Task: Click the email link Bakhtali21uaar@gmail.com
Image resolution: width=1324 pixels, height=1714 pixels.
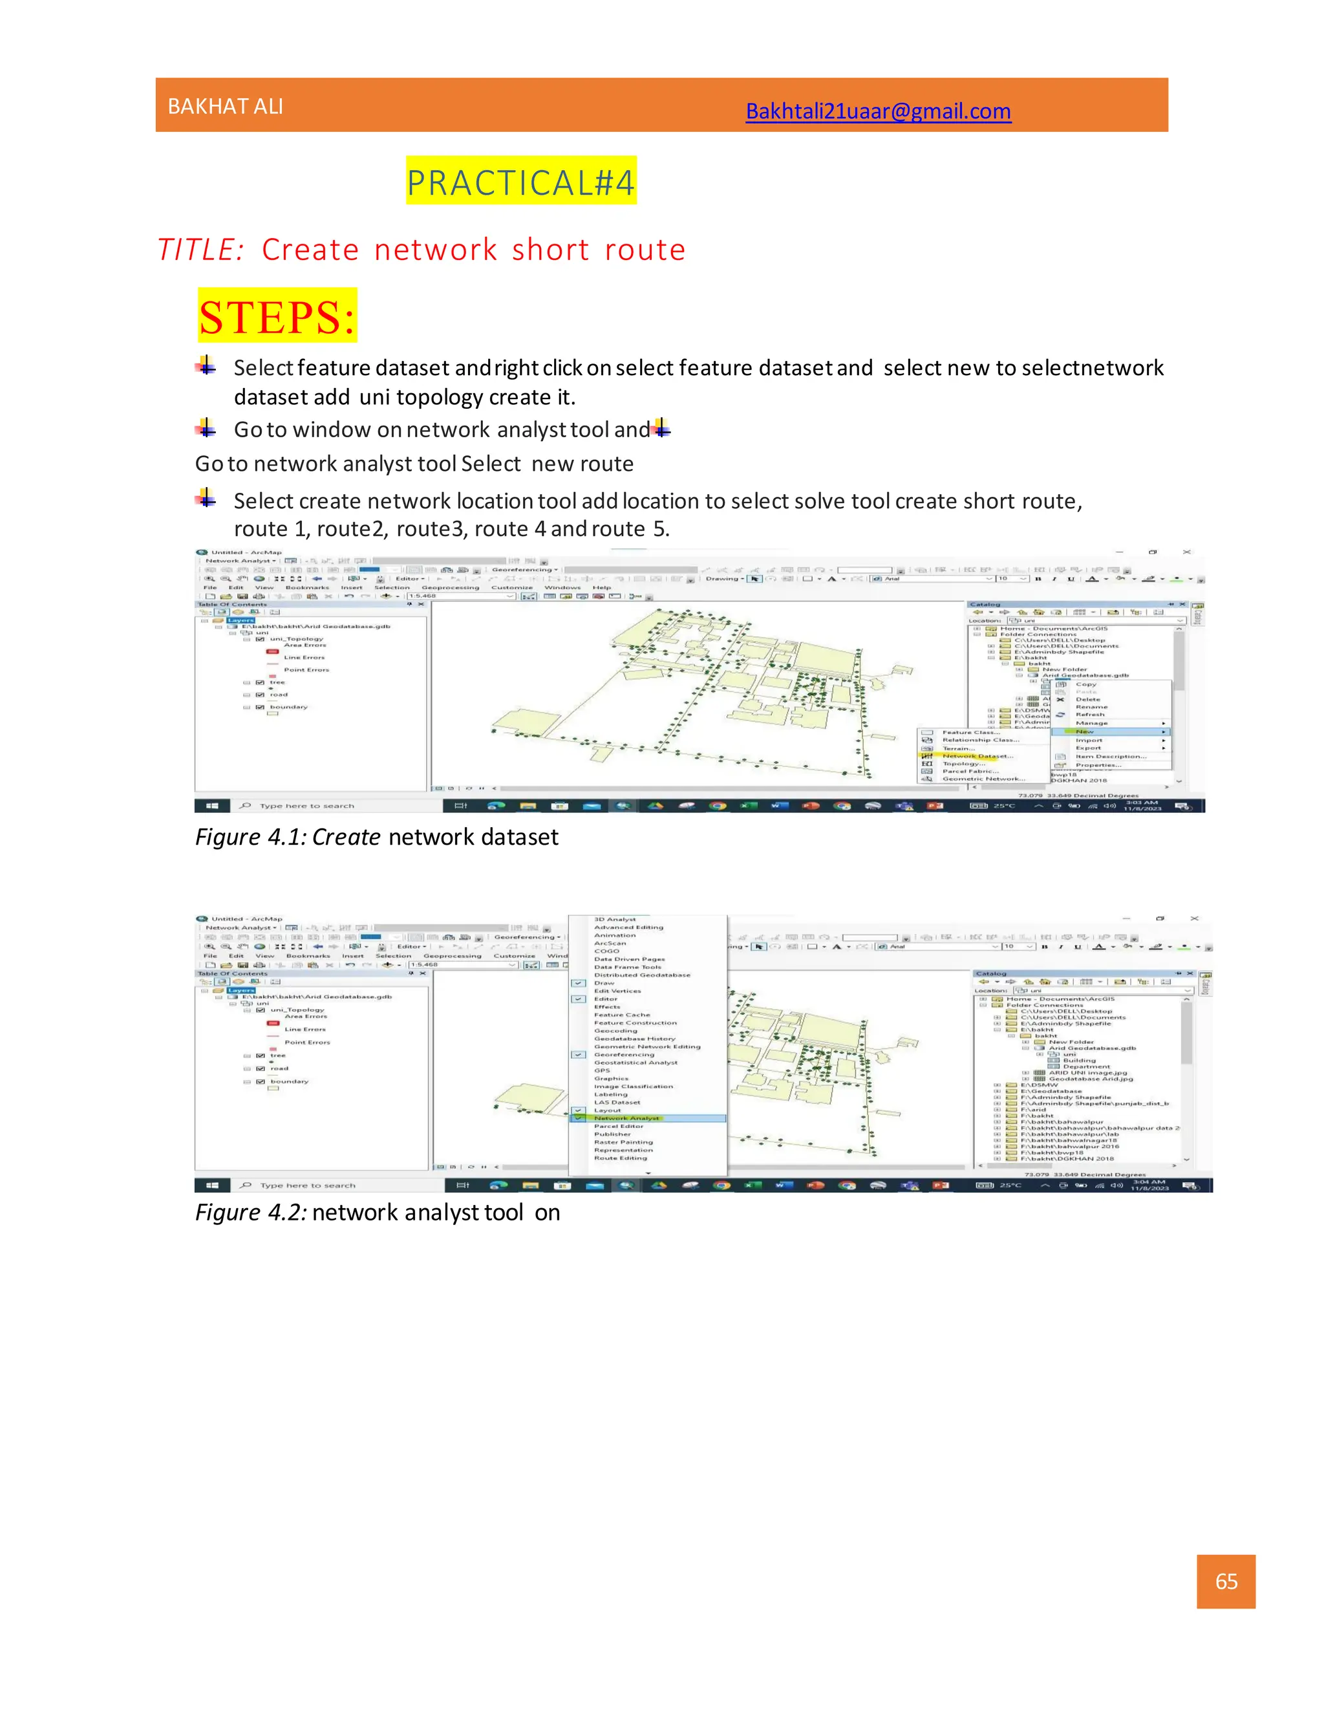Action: (878, 111)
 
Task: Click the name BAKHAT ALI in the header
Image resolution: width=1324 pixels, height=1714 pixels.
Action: (225, 107)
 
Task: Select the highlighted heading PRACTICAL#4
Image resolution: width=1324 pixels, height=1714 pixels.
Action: (521, 182)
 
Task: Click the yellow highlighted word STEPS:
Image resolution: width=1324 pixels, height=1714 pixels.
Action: (277, 316)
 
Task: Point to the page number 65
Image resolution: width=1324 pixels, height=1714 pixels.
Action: (1225, 1581)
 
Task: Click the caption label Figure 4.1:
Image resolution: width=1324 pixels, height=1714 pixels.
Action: (250, 838)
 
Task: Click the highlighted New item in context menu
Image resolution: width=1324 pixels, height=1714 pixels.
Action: (1085, 732)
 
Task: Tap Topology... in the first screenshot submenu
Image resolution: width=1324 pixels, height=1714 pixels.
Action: (963, 764)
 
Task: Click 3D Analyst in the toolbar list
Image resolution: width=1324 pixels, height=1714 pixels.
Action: (615, 919)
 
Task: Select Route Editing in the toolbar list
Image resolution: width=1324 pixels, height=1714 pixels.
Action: (621, 1158)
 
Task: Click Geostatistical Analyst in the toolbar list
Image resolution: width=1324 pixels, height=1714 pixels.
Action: (635, 1063)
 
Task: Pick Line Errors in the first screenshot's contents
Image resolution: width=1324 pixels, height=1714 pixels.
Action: (304, 658)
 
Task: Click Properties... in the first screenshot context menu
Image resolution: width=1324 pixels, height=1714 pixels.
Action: (1098, 765)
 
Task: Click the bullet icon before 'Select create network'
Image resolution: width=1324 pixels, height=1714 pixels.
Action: (206, 497)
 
